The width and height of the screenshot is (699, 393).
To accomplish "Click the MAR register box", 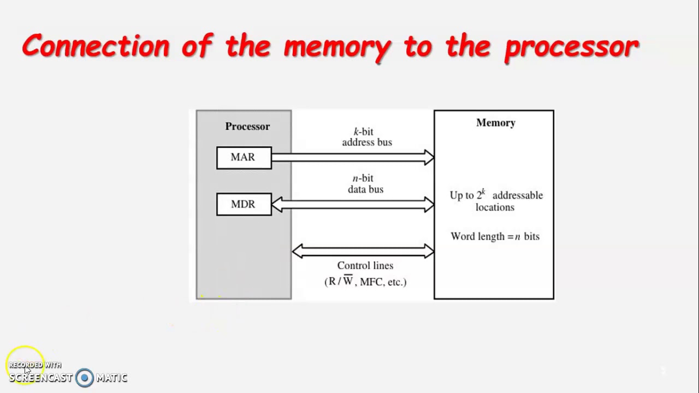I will coord(244,158).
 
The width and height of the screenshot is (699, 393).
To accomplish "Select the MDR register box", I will coord(244,204).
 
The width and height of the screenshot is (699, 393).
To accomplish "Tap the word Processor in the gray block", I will coord(247,127).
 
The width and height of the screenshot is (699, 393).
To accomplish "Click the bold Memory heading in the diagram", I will coord(495,123).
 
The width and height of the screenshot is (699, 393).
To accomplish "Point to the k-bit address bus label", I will coord(366,137).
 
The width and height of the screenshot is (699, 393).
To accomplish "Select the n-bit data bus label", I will coord(365,184).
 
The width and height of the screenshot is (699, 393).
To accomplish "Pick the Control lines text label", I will coord(365,266).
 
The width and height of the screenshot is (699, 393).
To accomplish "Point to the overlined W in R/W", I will coord(348,282).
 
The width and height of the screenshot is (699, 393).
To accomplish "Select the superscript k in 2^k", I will coord(483,192).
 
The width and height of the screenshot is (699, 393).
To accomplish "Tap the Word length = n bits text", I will coord(495,237).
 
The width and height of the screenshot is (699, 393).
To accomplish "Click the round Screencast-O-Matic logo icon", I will coord(85,378).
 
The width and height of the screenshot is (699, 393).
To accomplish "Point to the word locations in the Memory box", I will coord(495,207).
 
